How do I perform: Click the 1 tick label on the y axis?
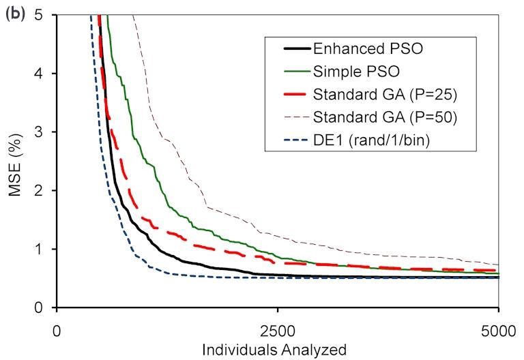pos(42,249)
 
